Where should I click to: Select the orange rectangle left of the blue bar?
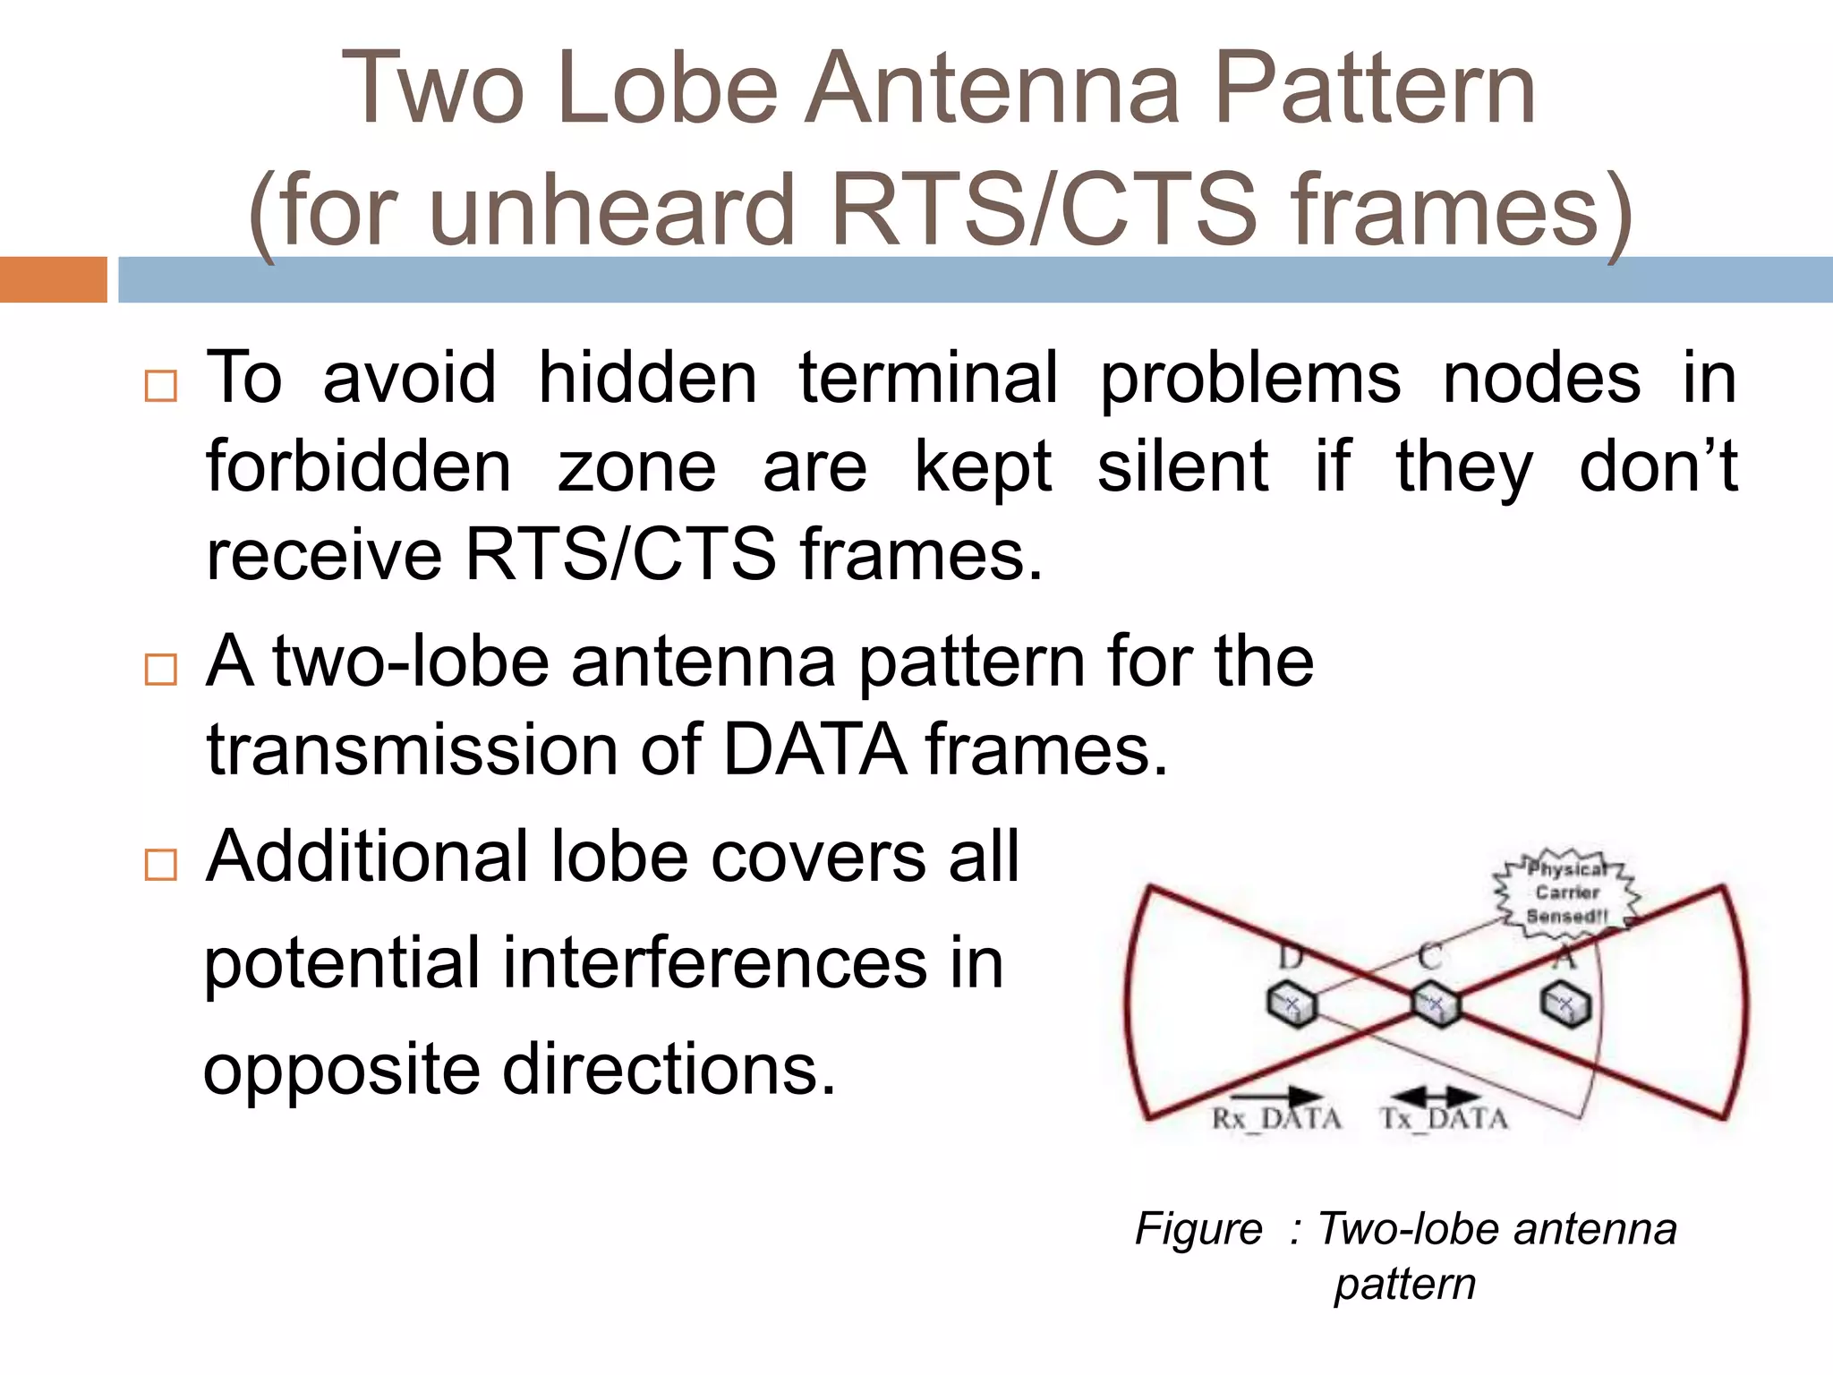53,279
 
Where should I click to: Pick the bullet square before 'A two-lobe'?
161,669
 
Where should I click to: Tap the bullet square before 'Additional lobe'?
161,865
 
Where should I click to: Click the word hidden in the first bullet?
647,378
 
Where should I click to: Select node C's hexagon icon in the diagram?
1435,1004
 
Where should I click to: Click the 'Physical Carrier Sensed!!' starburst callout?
1566,892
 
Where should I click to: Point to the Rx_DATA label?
1276,1119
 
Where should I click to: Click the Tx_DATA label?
1444,1119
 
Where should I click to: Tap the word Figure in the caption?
1198,1228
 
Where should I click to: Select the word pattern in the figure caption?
1404,1284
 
